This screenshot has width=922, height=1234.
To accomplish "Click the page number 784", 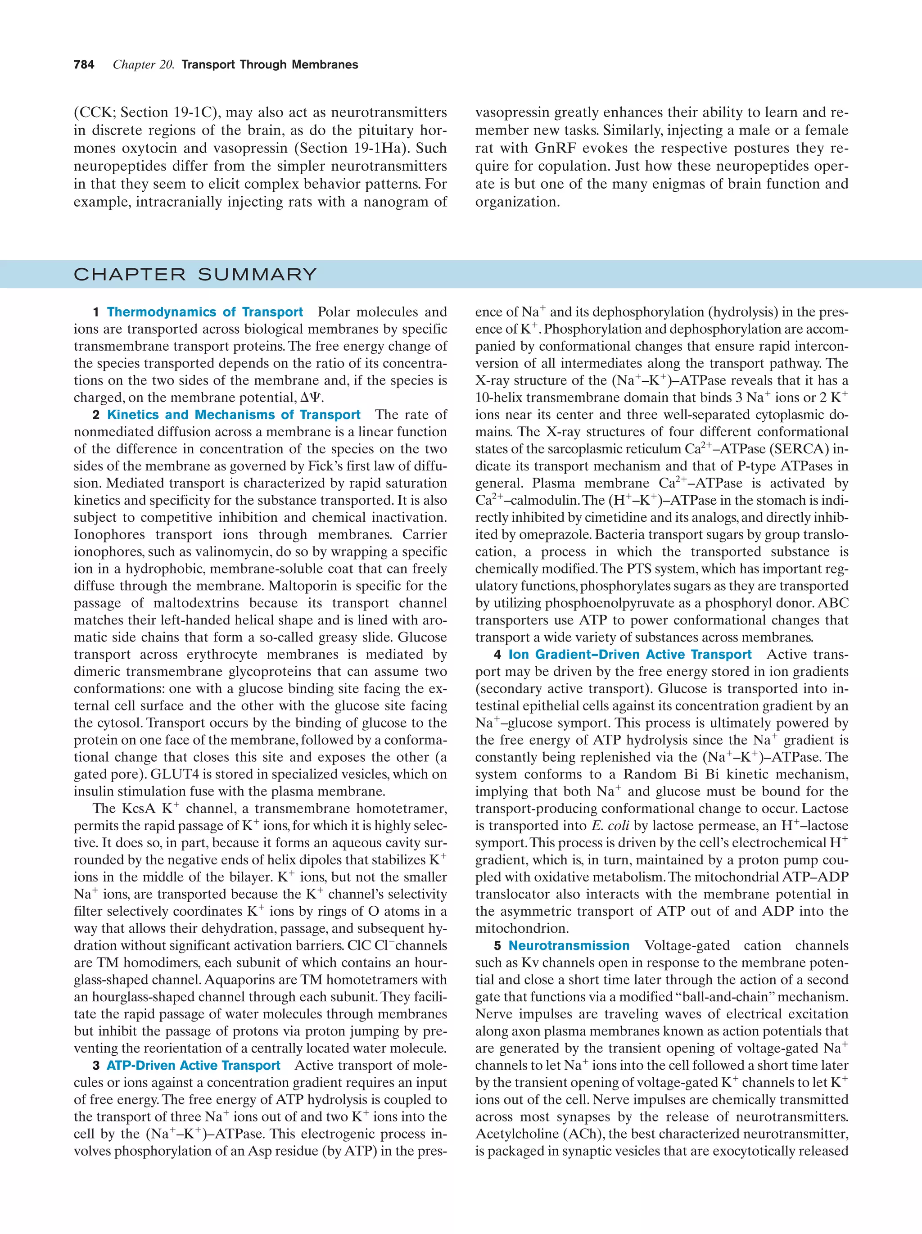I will tap(84, 65).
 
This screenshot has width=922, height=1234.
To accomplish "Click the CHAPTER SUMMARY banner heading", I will tap(195, 275).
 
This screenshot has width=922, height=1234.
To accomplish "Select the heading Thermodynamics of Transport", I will tap(205, 312).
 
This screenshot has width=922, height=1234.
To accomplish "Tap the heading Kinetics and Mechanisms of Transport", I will tap(234, 415).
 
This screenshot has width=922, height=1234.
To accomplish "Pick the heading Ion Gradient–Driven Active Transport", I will tap(630, 655).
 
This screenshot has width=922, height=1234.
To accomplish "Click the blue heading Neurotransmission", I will tap(569, 945).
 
